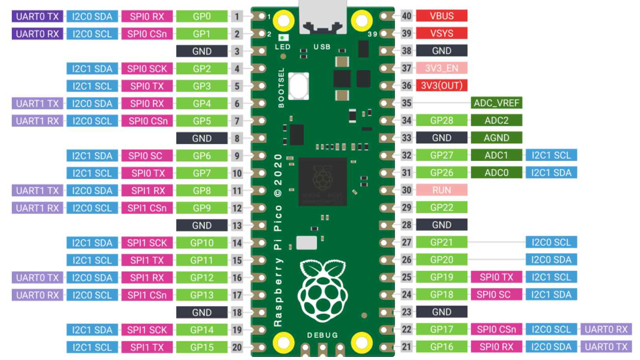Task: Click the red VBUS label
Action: [442, 16]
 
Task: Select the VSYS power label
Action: [442, 33]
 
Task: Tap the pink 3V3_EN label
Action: [442, 68]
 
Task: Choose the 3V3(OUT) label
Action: [442, 85]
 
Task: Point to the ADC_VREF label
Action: [496, 103]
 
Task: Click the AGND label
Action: [496, 138]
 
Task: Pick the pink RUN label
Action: [442, 190]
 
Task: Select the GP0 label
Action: [202, 16]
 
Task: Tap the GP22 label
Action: [442, 208]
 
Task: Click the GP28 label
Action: [442, 121]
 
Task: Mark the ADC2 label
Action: [496, 121]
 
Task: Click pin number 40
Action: [407, 16]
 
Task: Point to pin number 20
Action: [237, 347]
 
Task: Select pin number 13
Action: [237, 225]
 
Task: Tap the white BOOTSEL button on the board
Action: [298, 86]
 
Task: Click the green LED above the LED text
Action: [283, 38]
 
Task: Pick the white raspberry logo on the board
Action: [323, 291]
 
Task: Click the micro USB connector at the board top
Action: [323, 17]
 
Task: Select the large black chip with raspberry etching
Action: [323, 182]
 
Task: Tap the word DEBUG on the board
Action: [322, 335]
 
